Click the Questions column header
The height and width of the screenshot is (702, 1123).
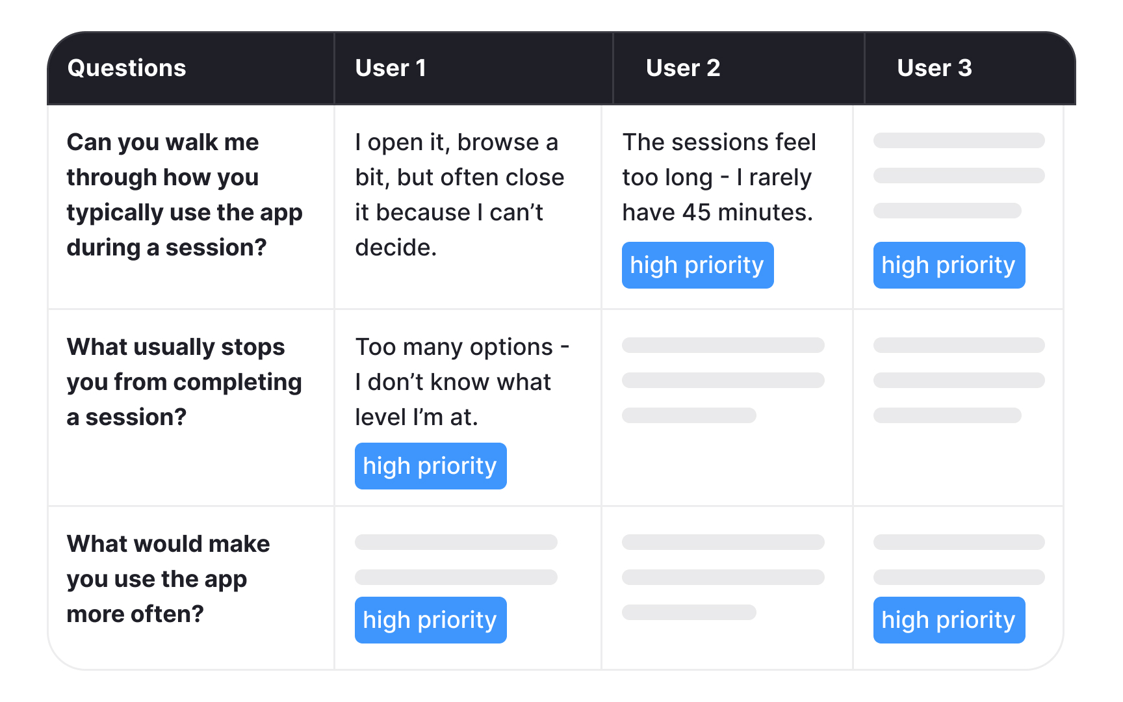[x=127, y=68]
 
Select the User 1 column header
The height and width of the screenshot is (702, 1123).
[x=391, y=68]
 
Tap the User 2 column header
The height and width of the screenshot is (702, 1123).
[x=683, y=68]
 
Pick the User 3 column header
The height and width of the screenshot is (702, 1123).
[x=934, y=68]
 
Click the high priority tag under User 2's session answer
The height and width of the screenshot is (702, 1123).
[x=697, y=265]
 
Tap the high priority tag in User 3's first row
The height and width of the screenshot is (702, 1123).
[x=949, y=265]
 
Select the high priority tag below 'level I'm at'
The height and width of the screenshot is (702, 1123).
[x=430, y=466]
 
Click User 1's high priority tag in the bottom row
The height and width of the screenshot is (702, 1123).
[x=430, y=620]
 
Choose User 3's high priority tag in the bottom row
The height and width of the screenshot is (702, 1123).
[x=949, y=620]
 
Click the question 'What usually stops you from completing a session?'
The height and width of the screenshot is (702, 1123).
[x=184, y=382]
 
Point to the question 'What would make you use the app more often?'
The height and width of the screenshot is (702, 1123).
[x=168, y=578]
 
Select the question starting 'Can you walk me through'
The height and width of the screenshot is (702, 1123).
[x=184, y=195]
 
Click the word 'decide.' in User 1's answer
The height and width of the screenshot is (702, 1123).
[x=396, y=248]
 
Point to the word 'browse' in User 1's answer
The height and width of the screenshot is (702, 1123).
[x=498, y=142]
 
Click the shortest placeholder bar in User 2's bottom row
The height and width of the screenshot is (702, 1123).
[x=689, y=612]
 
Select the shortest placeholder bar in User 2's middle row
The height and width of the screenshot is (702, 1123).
[x=689, y=415]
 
